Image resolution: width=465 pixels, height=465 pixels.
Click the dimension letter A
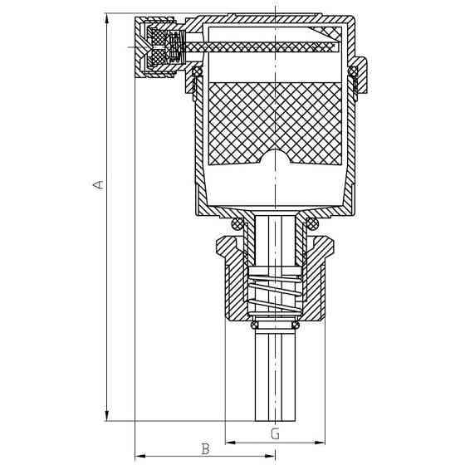[99, 184]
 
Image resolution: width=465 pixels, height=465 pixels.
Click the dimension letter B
[205, 448]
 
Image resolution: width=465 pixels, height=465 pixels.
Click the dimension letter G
[275, 434]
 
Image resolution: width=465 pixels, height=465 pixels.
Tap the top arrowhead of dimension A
[107, 18]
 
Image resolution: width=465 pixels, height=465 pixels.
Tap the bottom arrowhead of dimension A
[107, 416]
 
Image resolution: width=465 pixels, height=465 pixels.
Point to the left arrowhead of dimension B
[140, 456]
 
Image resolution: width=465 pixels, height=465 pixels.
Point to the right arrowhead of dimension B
[270, 456]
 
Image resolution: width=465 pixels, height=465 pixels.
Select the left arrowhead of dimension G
[231, 443]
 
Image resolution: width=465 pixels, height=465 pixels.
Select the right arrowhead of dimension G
[320, 443]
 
